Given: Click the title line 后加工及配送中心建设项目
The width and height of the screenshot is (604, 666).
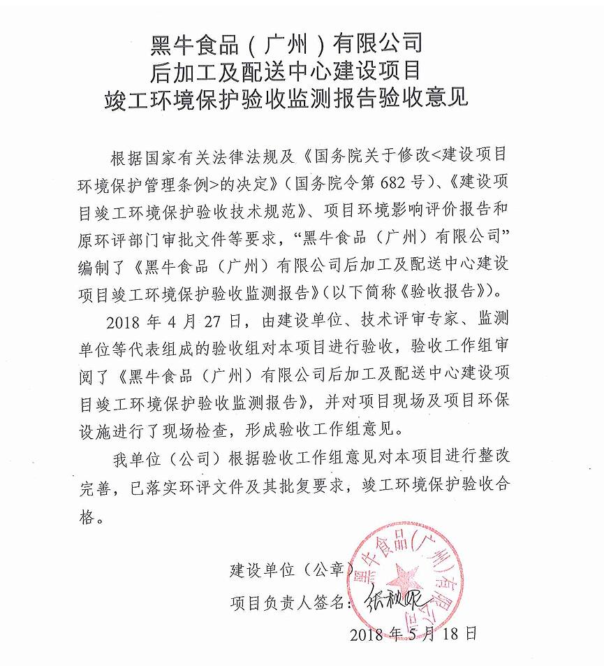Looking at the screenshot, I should tap(286, 71).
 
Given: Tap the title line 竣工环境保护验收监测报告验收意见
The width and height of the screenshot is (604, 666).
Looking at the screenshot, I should tap(286, 97).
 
